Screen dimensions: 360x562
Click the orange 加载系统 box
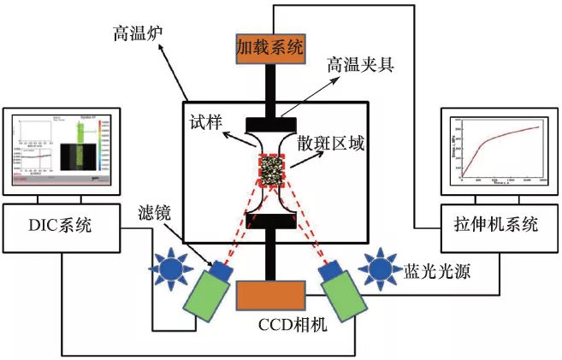270,48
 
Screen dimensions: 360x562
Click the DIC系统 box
61,225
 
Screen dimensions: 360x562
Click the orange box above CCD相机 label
273,296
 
